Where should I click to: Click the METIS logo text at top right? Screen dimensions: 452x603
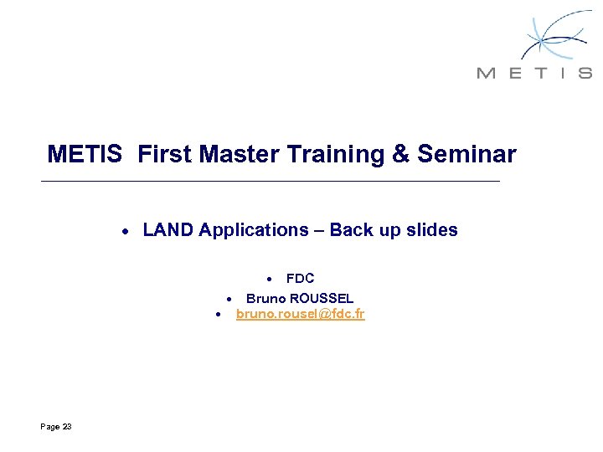point(534,73)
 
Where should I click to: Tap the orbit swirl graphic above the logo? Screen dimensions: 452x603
point(553,35)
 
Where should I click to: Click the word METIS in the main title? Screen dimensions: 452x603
point(86,155)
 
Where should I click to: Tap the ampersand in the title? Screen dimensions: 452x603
point(400,155)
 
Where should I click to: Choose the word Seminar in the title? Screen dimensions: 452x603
point(466,155)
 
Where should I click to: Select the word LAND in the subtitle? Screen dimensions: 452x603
point(168,230)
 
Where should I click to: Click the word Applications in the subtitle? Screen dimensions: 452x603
point(254,230)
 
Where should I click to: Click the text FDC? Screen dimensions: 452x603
point(300,279)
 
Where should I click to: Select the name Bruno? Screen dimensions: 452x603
point(265,298)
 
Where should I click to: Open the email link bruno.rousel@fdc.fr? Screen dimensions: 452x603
point(300,315)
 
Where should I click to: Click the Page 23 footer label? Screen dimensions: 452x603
point(56,427)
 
